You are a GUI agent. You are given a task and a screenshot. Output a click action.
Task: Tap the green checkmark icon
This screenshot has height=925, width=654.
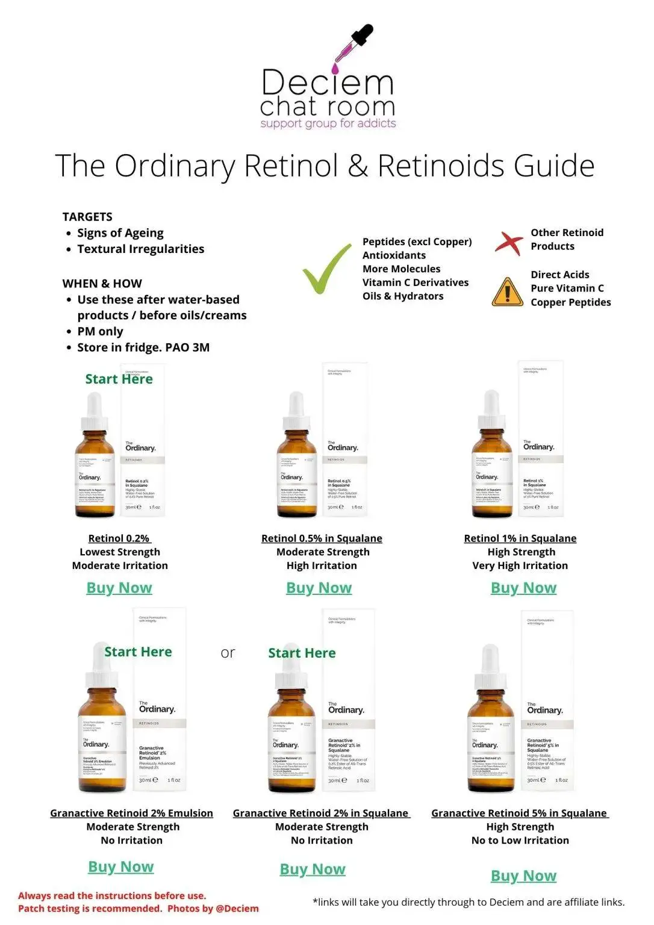tap(326, 270)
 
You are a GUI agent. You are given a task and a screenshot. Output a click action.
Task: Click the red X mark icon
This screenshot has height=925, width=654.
tap(509, 242)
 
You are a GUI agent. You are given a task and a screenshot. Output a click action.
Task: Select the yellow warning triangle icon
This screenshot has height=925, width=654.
tap(507, 293)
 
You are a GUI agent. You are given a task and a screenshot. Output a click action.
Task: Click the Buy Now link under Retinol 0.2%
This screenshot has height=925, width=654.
tap(119, 588)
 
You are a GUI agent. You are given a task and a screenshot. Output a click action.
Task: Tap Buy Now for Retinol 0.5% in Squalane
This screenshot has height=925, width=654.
tap(319, 588)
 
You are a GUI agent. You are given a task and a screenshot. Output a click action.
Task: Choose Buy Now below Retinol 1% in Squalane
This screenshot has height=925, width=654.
tap(523, 588)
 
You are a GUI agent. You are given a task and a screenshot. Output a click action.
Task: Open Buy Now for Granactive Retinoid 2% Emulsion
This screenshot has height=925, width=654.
tap(120, 867)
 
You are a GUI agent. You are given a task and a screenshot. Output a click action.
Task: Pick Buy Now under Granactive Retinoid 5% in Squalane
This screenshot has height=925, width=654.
tap(523, 876)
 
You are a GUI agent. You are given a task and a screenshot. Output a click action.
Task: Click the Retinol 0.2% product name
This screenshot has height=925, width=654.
tap(119, 538)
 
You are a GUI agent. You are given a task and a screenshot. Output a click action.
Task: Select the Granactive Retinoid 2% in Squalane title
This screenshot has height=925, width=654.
tap(322, 813)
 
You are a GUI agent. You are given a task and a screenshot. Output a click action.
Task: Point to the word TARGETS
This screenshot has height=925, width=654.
tap(87, 217)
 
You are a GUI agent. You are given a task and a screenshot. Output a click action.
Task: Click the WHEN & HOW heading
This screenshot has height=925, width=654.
tap(102, 284)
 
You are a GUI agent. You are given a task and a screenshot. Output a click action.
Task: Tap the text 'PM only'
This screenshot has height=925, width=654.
tap(100, 331)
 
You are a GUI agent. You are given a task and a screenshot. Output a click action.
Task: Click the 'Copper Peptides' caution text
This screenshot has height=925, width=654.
tap(570, 302)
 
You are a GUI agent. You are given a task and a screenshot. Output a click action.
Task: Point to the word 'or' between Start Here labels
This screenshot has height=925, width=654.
tap(228, 653)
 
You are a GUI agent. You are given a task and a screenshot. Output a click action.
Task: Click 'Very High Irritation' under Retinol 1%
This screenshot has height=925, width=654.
tap(520, 565)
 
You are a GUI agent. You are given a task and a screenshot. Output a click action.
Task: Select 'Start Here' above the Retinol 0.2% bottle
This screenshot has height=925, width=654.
tap(119, 379)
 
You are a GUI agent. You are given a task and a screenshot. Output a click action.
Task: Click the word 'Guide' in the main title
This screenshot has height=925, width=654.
tap(554, 166)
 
